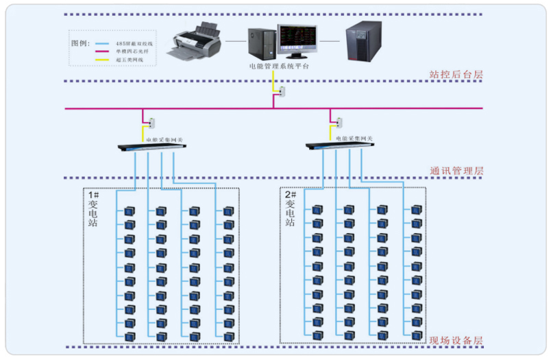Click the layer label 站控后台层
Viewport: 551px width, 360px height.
pyautogui.click(x=456, y=74)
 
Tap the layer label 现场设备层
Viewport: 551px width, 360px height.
pyautogui.click(x=456, y=340)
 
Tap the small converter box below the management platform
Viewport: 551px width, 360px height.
pyautogui.click(x=282, y=91)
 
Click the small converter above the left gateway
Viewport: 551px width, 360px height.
pyautogui.click(x=152, y=123)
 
